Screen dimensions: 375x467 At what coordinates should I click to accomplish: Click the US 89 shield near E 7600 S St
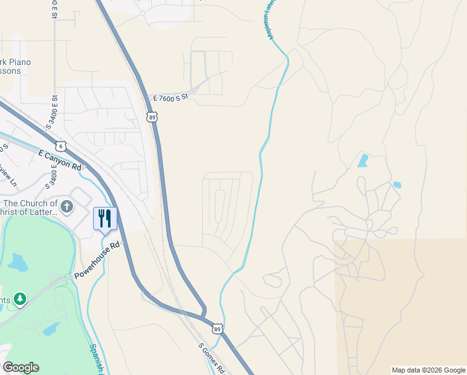[152, 117]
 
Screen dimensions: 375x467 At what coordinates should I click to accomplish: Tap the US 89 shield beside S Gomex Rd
[217, 329]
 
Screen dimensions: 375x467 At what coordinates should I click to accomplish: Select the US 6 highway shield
[60, 146]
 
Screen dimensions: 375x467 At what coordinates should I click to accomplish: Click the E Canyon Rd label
[60, 160]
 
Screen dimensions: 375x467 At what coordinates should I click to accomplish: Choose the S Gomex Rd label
[211, 357]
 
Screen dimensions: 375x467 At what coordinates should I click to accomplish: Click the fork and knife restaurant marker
[104, 219]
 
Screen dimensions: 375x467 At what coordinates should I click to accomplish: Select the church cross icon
[67, 206]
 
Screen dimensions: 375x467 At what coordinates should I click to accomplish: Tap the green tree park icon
[21, 299]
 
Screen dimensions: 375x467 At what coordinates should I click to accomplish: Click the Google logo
[21, 367]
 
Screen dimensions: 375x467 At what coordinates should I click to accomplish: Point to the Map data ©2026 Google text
[428, 370]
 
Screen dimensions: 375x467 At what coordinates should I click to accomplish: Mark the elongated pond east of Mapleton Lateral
[363, 161]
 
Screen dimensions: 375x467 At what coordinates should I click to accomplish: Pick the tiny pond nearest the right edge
[397, 185]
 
